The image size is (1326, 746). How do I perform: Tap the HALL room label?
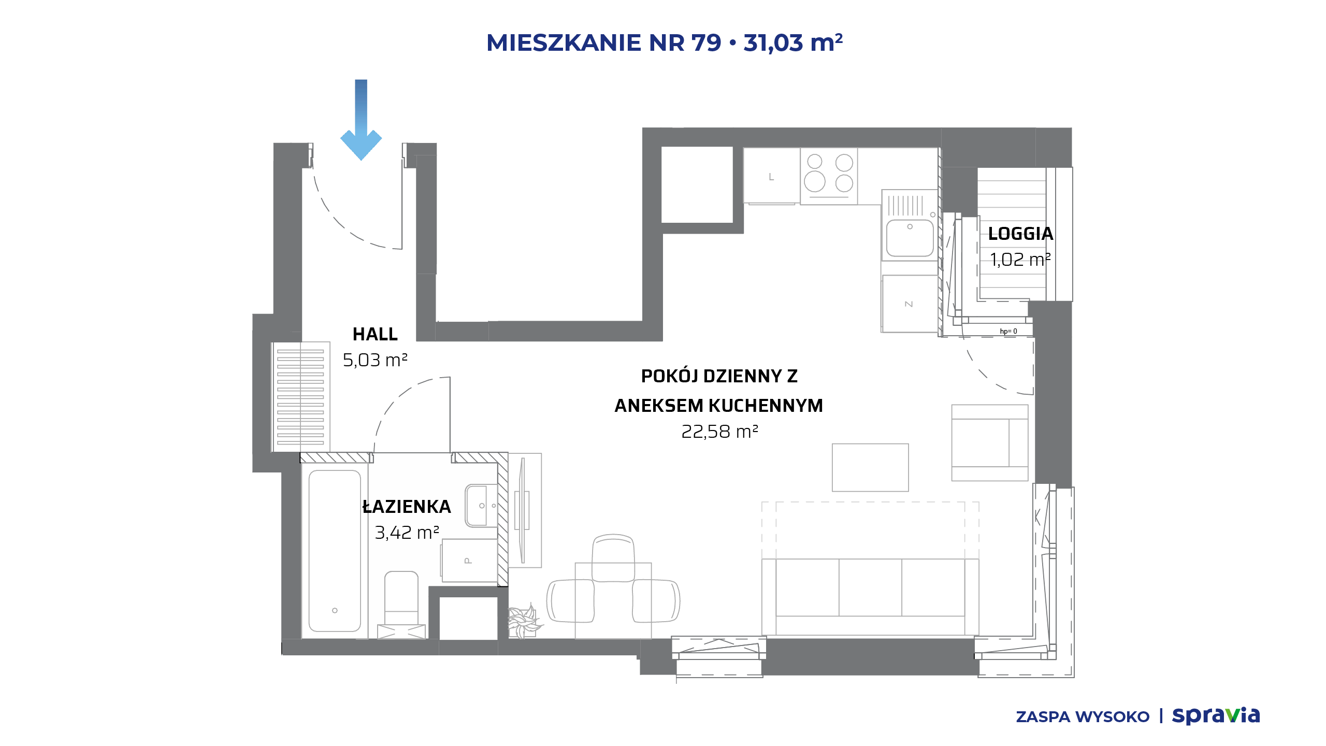coord(375,334)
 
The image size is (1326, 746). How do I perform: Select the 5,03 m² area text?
coord(375,360)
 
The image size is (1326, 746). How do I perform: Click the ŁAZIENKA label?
coord(407,507)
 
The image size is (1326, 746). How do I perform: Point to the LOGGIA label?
coord(1020,234)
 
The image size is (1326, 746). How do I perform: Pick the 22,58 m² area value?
coord(719,432)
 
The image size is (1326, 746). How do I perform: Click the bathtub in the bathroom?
coord(335,551)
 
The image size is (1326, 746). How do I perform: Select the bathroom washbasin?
coord(481,506)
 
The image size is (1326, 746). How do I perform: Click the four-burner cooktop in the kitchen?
coord(829,176)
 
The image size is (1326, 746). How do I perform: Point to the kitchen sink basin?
coord(910,238)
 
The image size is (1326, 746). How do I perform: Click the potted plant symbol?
coord(524,621)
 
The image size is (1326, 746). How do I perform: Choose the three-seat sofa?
coord(870,596)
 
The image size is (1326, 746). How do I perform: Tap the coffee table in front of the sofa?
coord(870,467)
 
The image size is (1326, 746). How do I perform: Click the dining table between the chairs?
coord(613,601)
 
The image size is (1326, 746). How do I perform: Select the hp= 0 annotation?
coord(1008,332)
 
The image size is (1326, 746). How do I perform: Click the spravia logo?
coord(1216,716)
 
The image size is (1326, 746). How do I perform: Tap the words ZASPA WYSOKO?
coord(1083,717)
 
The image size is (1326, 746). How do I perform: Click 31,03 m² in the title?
coord(793,42)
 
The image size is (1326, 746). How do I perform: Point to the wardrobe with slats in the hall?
coord(300,397)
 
